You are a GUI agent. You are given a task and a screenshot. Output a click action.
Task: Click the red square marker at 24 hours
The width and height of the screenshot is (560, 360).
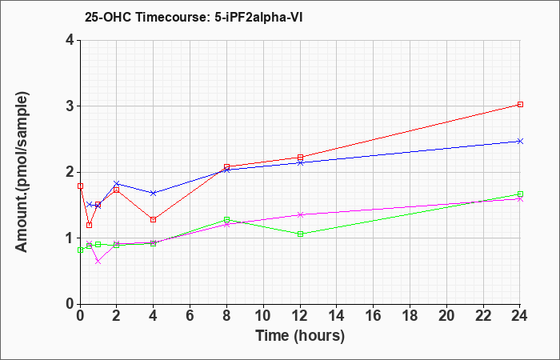(x=520, y=104)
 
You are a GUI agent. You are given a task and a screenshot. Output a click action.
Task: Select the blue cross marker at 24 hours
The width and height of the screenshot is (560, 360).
(x=520, y=141)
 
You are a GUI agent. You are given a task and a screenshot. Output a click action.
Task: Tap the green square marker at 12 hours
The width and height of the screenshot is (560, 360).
(x=300, y=234)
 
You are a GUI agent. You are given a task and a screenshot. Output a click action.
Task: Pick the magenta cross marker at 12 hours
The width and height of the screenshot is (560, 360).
(x=300, y=214)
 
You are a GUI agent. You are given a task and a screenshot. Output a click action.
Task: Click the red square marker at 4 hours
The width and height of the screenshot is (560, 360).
(x=154, y=220)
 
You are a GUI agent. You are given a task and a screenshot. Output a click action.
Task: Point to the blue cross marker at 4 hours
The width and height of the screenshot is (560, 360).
(x=154, y=194)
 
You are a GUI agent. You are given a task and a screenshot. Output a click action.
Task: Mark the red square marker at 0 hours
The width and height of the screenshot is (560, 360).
(x=80, y=186)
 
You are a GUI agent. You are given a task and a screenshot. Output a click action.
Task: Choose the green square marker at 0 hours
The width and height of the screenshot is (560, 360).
(x=80, y=250)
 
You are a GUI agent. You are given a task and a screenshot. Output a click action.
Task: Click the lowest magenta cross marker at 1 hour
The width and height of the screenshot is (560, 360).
(x=98, y=262)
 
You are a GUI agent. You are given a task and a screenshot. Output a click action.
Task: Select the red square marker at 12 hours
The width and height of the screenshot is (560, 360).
(x=300, y=157)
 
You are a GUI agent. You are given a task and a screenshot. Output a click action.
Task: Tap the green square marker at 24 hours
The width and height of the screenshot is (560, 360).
(x=520, y=194)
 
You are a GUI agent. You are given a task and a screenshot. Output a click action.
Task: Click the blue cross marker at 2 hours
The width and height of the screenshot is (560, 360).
(x=117, y=183)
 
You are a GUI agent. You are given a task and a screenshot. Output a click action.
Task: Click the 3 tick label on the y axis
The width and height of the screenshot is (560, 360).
(x=70, y=106)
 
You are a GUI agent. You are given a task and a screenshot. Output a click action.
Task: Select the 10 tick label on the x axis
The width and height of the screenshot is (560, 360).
(x=263, y=316)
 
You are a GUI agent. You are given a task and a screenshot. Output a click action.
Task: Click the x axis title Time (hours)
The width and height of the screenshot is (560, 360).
(x=300, y=336)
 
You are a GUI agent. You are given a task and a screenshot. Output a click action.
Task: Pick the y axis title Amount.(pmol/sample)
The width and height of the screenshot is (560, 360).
(x=22, y=172)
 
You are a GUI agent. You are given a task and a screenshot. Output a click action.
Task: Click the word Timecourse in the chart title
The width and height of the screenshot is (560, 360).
(x=160, y=17)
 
